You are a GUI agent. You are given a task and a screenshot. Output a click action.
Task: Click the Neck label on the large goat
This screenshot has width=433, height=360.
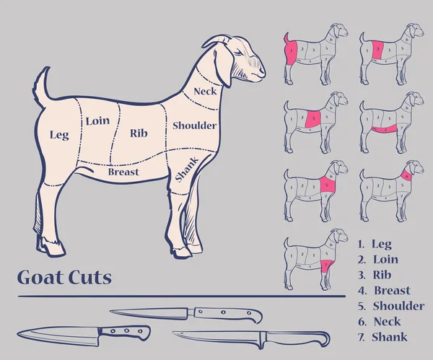[x=206, y=92]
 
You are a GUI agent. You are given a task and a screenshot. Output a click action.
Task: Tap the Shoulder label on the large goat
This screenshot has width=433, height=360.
[x=194, y=126]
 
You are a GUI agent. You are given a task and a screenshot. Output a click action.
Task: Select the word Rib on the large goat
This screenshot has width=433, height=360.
[x=139, y=133]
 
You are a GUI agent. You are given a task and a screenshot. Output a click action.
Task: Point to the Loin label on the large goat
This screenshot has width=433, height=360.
[x=97, y=121]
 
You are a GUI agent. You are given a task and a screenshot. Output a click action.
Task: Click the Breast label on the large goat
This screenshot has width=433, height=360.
[x=123, y=172]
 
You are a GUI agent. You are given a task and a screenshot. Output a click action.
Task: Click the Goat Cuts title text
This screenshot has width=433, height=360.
[x=64, y=278]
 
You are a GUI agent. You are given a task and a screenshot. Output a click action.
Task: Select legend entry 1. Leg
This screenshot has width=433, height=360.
[x=375, y=244]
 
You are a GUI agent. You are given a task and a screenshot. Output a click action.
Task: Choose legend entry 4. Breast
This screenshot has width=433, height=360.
[x=383, y=291]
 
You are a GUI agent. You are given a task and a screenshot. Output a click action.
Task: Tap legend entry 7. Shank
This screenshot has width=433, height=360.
[x=382, y=337]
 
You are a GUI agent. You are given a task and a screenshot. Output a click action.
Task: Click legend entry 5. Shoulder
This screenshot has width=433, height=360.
[x=390, y=306]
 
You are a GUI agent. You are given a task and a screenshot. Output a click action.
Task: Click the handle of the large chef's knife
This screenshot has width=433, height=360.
[x=124, y=333]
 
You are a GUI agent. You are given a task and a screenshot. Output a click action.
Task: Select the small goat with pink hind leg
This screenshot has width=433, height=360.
[x=315, y=54]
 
